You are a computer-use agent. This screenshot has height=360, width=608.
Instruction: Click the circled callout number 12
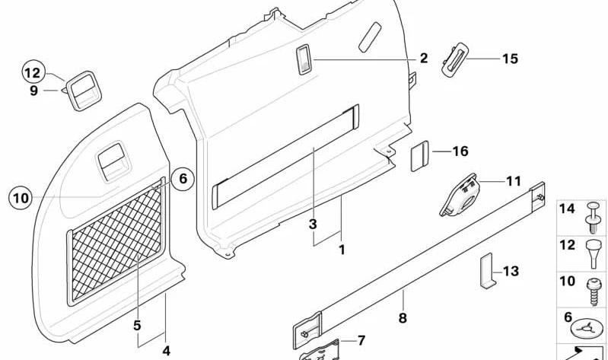pos(33,72)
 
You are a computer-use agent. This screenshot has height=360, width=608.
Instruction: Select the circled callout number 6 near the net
pos(182,179)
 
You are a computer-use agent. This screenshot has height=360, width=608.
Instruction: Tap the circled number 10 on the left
pos(21,198)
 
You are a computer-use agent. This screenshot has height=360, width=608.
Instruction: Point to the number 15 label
pos(510,59)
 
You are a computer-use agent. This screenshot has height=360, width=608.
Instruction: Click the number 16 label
pos(460,151)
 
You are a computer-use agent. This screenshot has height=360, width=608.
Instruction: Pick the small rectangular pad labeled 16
pos(419,156)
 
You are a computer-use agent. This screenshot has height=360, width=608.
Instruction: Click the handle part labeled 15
pos(455,62)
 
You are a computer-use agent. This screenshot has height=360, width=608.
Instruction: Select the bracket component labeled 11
pos(460,195)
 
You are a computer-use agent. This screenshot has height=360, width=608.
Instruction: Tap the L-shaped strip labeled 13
pos(488,271)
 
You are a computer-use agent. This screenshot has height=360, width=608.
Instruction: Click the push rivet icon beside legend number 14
pos(594,217)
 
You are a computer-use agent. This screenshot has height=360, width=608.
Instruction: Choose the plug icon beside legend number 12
pos(594,254)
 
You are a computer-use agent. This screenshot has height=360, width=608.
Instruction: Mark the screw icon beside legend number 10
pos(594,292)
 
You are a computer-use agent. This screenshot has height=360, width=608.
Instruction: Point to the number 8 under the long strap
pos(403,318)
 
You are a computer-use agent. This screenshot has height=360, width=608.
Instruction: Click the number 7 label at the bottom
pos(361,341)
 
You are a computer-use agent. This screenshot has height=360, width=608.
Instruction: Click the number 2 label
pos(424,58)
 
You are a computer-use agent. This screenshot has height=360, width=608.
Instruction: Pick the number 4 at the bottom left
pos(166,351)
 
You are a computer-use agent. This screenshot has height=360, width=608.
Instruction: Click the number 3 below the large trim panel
pos(313,225)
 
